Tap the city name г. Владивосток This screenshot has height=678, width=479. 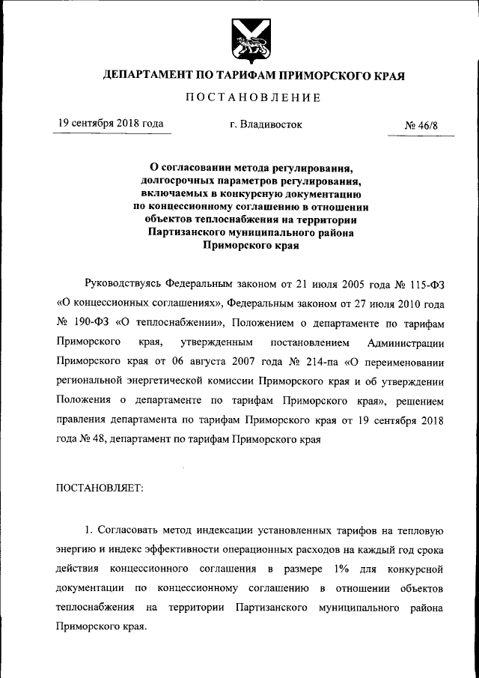[266, 124]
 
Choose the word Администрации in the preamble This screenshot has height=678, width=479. [406, 342]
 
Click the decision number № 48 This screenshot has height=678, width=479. [91, 440]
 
